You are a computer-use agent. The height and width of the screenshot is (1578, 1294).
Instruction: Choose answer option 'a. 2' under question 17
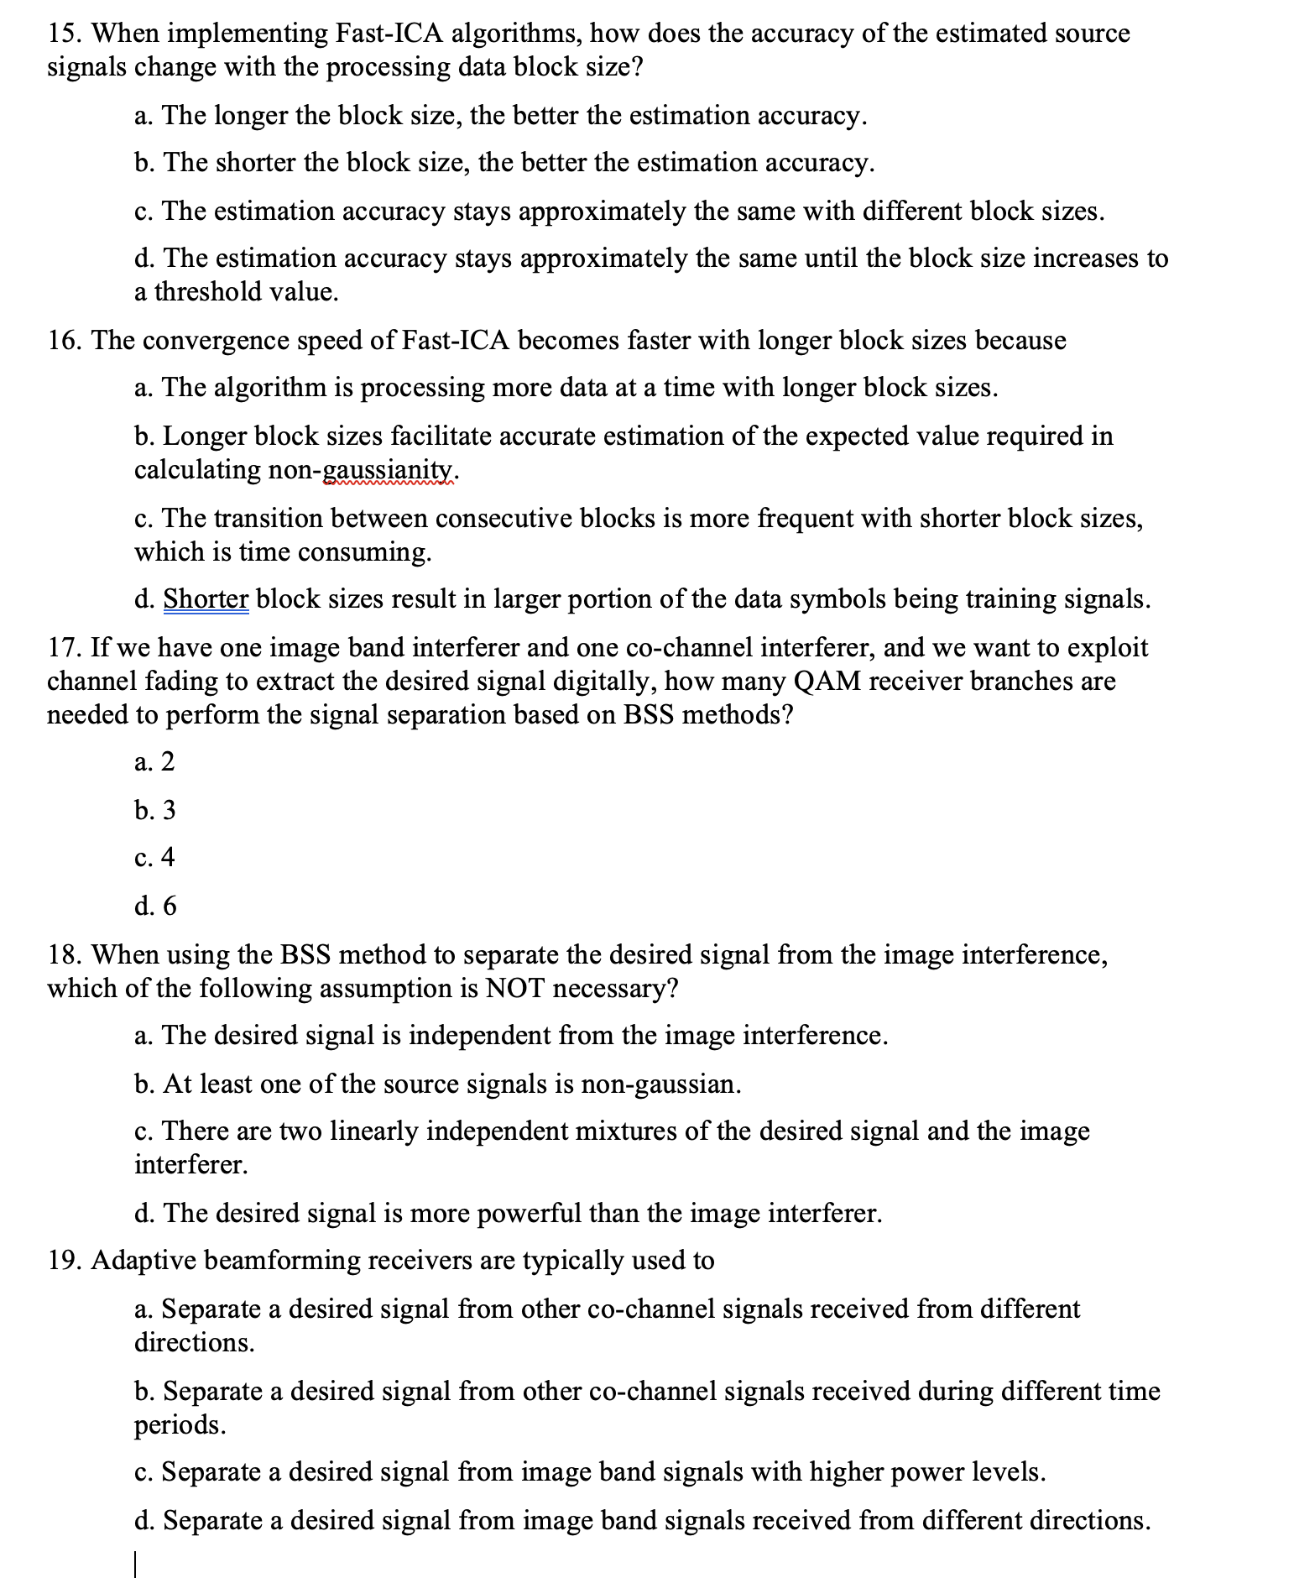pos(154,762)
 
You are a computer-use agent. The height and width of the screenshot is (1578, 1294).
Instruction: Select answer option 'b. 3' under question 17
pos(155,811)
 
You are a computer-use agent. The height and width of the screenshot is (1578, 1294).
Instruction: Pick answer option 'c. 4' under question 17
pos(154,858)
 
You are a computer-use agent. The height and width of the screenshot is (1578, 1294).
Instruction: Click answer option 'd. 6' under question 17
pos(156,907)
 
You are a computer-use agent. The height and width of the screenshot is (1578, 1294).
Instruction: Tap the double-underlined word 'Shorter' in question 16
pos(206,599)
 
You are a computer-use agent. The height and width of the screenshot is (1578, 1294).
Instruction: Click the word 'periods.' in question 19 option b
pos(180,1425)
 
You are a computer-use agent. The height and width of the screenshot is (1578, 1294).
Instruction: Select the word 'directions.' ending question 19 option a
pos(194,1343)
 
